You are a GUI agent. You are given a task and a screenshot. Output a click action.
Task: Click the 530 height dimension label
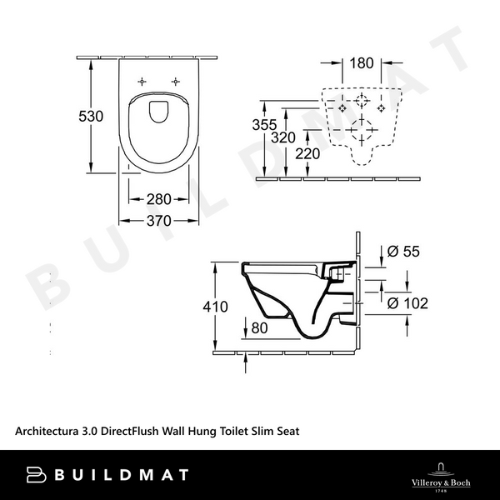[x=91, y=117]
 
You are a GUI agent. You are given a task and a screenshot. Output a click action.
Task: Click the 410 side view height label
[x=215, y=307]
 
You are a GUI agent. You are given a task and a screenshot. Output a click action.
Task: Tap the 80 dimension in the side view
[x=259, y=328]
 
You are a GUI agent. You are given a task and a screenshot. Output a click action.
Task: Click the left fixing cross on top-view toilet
[x=142, y=82]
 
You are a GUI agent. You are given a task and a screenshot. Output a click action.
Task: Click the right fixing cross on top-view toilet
[x=176, y=82]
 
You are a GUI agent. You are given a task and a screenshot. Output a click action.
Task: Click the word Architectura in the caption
[x=47, y=431]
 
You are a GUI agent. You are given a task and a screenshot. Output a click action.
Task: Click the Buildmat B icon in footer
[x=36, y=475]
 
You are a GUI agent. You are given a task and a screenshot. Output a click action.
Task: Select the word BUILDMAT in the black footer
[x=122, y=475]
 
